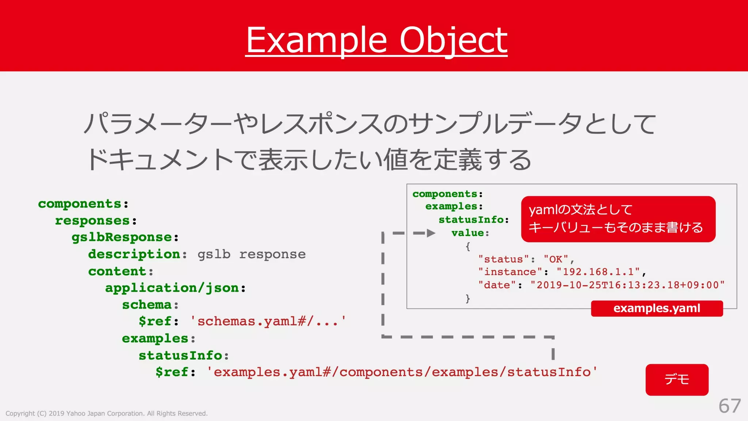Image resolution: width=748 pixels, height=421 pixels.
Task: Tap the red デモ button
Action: point(677,380)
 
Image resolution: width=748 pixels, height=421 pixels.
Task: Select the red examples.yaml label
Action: point(657,308)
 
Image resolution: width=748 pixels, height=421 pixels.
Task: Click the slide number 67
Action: point(729,406)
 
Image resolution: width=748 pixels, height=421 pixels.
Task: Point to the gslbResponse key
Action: point(122,238)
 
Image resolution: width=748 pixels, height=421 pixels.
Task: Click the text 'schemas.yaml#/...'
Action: point(268,322)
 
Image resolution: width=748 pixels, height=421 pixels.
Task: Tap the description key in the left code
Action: point(134,254)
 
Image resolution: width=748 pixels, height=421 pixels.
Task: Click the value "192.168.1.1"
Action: point(598,272)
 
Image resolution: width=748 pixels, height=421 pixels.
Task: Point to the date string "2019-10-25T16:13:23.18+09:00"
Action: point(627,285)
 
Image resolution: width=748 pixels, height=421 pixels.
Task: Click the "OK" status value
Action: point(556,259)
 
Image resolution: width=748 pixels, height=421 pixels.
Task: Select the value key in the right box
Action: point(467,233)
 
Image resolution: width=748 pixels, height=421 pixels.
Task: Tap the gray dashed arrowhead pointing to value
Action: point(431,233)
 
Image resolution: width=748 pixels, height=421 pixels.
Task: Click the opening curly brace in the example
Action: point(468,247)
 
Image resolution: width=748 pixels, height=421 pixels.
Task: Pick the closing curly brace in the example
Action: point(468,299)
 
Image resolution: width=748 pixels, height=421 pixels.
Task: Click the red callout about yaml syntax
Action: point(618,219)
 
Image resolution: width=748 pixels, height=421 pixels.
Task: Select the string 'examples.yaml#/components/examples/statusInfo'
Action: point(402,372)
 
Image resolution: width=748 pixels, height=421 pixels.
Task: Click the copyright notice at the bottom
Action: point(106,413)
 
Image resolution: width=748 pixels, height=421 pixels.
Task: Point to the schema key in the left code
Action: point(146,305)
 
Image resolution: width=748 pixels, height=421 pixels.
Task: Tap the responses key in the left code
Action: point(92,221)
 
